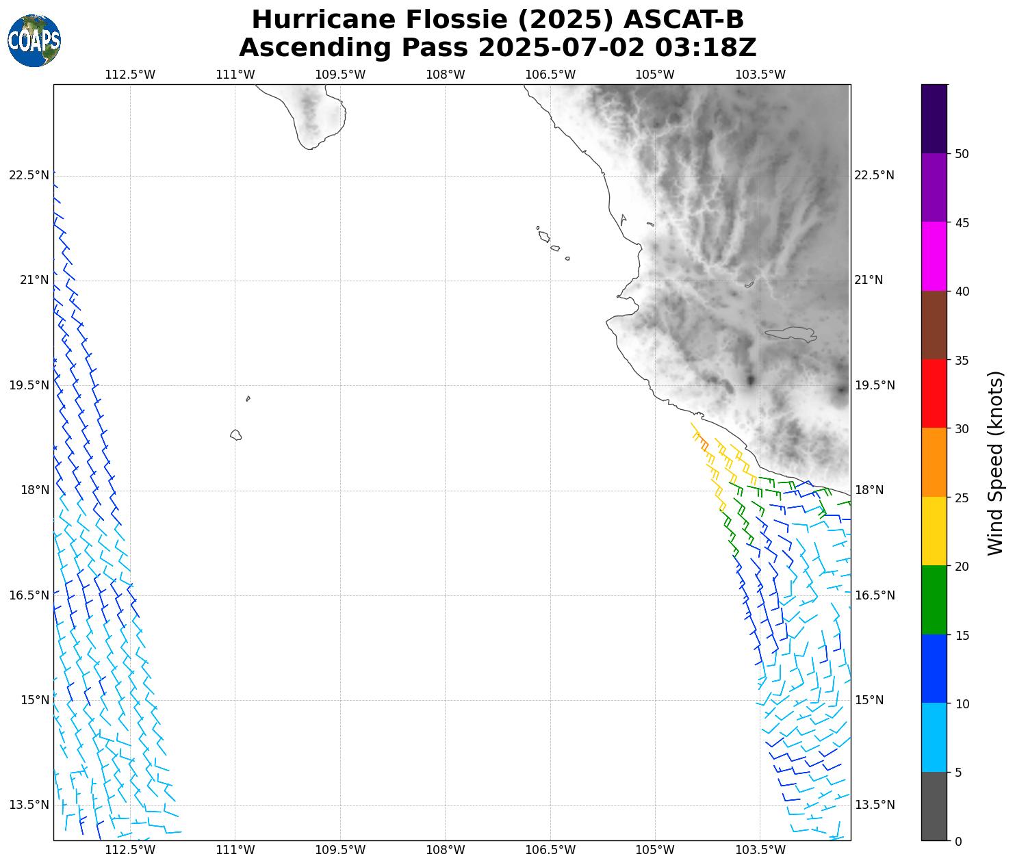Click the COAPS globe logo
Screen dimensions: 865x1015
point(34,40)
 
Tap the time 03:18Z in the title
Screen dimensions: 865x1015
point(706,48)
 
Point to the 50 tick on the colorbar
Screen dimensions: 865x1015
point(962,154)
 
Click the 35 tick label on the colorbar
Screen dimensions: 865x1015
point(962,361)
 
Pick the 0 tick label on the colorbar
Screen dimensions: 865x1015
point(958,841)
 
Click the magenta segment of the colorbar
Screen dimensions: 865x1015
point(934,257)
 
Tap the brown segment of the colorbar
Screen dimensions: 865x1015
point(934,325)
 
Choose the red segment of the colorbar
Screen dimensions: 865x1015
point(934,394)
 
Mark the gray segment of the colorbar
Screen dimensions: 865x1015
point(934,806)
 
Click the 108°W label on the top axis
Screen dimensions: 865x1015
point(446,75)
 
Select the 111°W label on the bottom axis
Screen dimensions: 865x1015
point(235,850)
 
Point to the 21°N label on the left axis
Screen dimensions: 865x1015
point(29,280)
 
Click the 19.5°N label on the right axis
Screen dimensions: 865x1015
point(875,385)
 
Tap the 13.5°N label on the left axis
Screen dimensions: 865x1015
point(29,805)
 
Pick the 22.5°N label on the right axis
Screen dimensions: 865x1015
point(875,175)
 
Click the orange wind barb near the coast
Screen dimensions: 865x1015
point(704,445)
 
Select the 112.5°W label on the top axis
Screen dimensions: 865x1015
point(130,75)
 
